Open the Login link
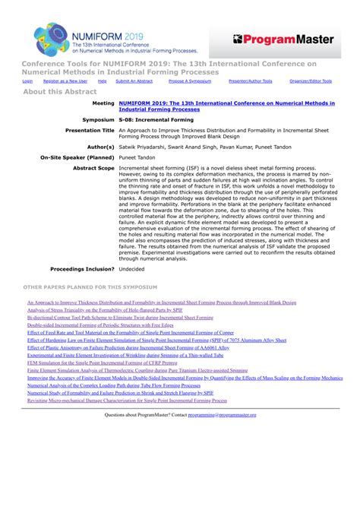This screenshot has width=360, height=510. (x=27, y=81)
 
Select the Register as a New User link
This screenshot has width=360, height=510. (x=65, y=81)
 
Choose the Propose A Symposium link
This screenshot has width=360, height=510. (x=189, y=81)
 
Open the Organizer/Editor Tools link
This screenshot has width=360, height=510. (x=311, y=81)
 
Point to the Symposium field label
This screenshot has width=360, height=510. (x=98, y=119)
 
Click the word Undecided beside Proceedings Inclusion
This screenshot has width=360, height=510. (x=132, y=269)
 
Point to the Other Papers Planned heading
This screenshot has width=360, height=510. (x=90, y=288)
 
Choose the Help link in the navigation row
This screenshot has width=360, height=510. (x=103, y=81)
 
